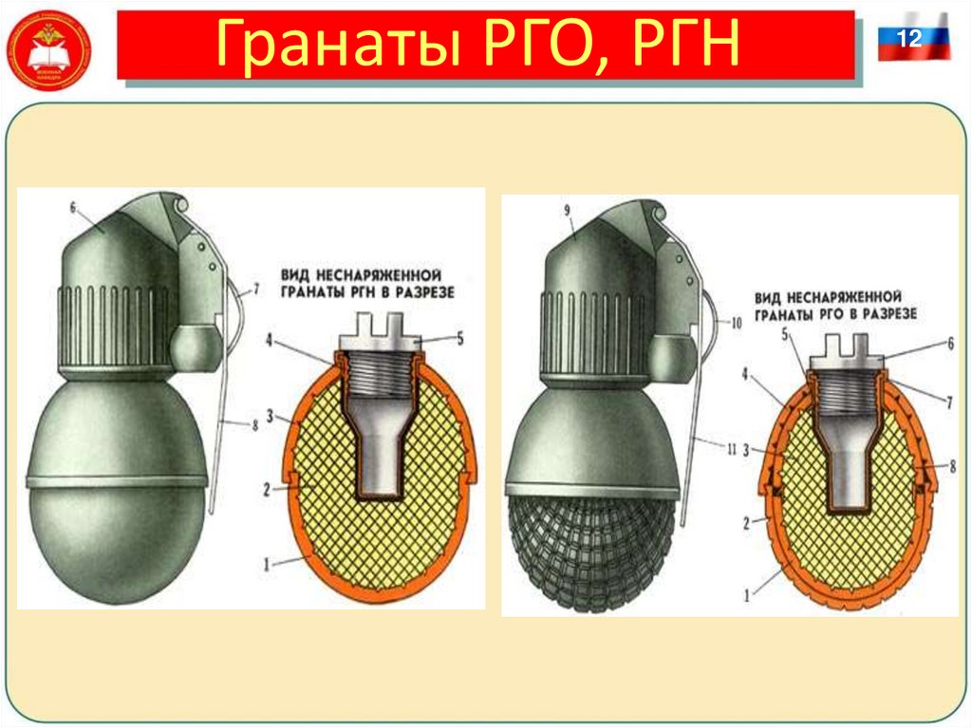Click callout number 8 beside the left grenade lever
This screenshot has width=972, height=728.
tap(253, 426)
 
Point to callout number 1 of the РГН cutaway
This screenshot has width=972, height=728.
tap(268, 564)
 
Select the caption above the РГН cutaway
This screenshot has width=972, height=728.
tap(366, 283)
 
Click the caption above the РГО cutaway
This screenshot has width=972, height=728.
tap(835, 304)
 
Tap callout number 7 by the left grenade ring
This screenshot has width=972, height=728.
tap(254, 287)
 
